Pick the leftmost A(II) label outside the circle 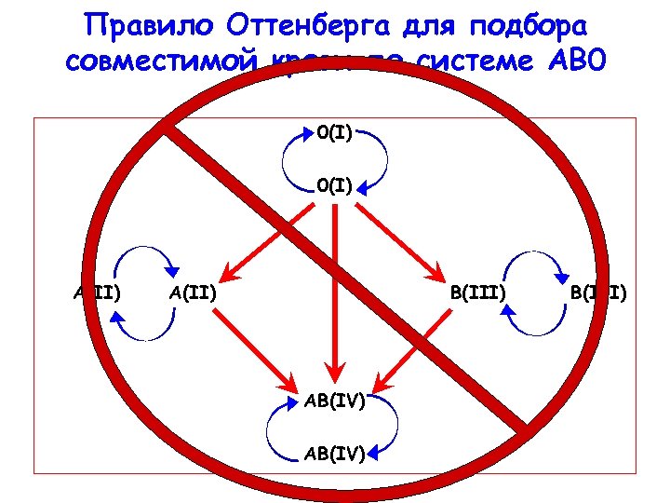(x=98, y=294)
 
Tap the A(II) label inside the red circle (x=194, y=294)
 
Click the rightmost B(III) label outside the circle (x=598, y=294)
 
